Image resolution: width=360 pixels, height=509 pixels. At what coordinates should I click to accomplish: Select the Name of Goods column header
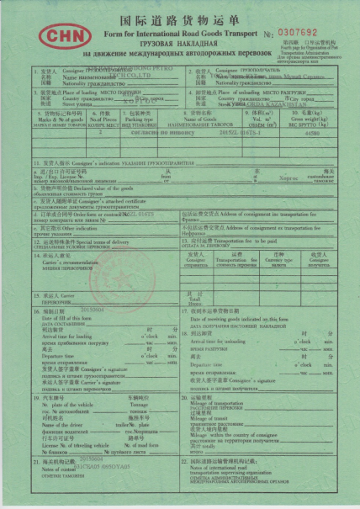[203, 115]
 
